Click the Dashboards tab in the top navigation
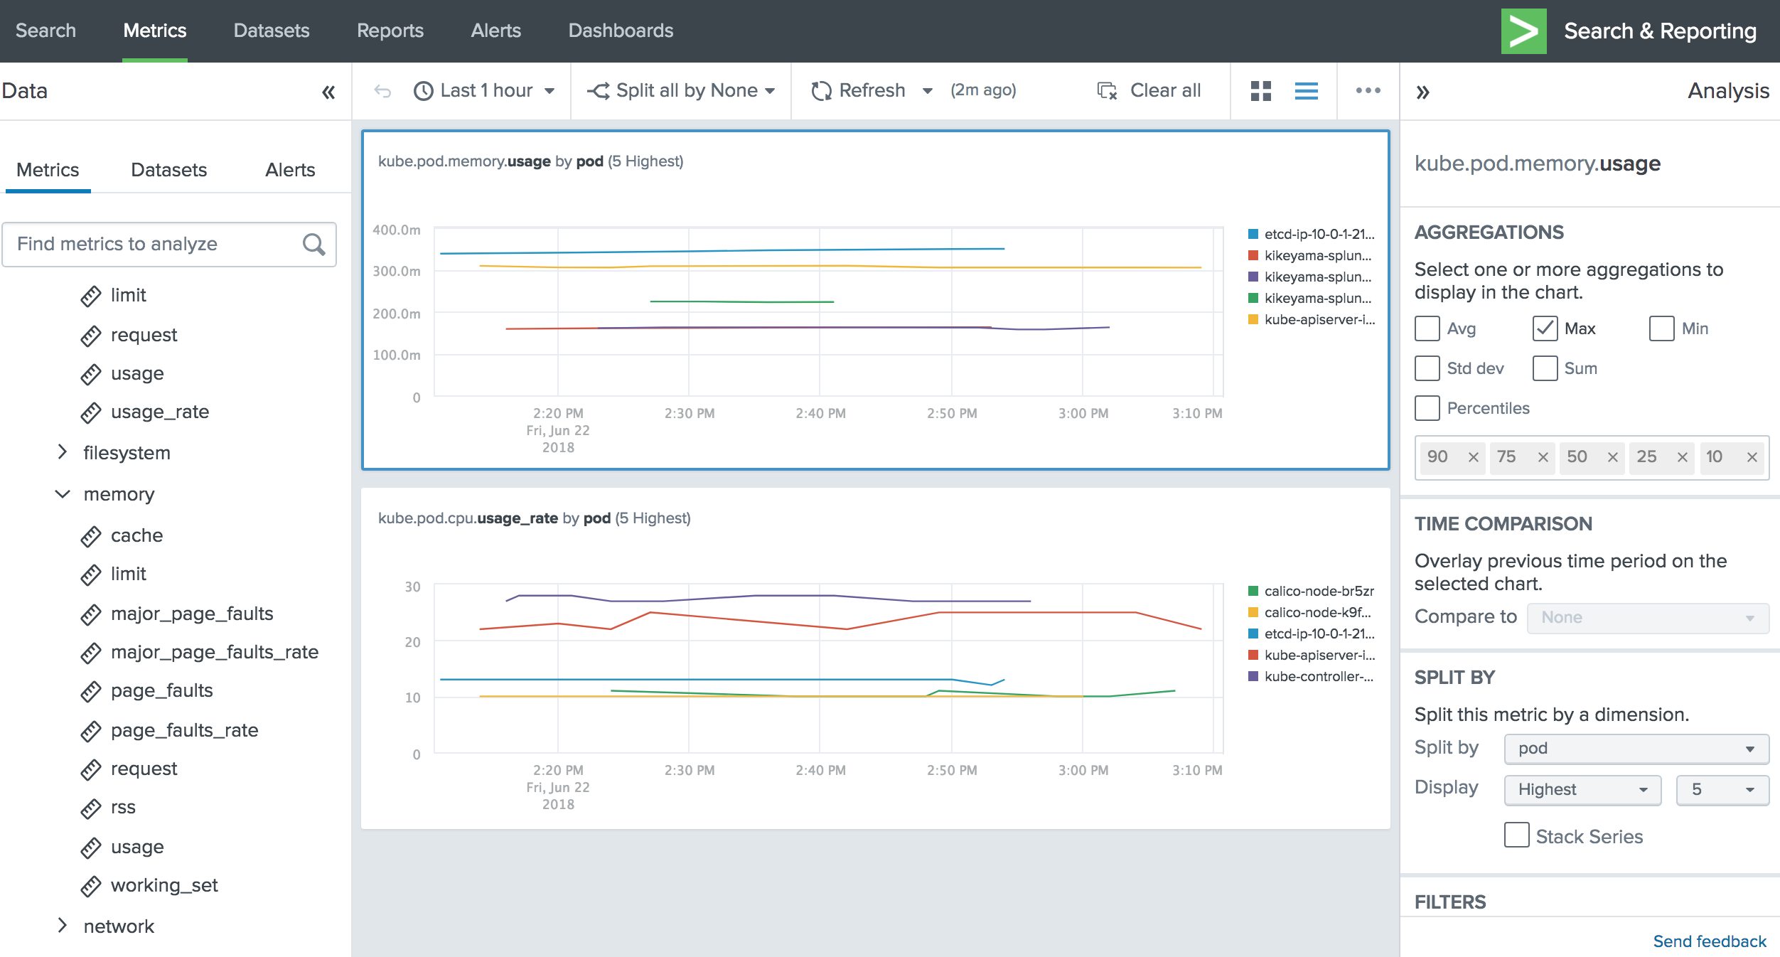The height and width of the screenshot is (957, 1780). [x=620, y=31]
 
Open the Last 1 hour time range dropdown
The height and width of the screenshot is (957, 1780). [x=485, y=90]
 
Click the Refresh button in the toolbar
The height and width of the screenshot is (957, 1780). [x=859, y=90]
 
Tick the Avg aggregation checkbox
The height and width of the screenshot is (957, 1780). [x=1427, y=328]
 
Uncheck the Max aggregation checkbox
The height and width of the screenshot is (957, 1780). [x=1545, y=328]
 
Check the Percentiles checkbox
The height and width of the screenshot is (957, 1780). [x=1427, y=408]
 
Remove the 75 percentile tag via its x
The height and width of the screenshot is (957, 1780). [x=1543, y=457]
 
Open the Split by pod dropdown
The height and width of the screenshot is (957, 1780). [x=1636, y=749]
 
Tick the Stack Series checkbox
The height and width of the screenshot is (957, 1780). [x=1516, y=835]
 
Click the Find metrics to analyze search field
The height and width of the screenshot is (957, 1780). [x=156, y=244]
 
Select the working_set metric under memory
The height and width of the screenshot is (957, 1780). [x=163, y=885]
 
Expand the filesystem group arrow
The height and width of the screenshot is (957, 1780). [x=63, y=452]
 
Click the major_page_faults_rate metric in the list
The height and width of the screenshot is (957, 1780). [x=214, y=652]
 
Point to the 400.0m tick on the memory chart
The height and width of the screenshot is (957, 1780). [x=397, y=230]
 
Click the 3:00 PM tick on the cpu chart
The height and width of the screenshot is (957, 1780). [x=1083, y=770]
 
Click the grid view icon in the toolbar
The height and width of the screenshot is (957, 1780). [x=1260, y=90]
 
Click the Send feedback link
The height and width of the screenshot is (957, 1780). [x=1709, y=941]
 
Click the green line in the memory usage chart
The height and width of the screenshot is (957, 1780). [x=741, y=301]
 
